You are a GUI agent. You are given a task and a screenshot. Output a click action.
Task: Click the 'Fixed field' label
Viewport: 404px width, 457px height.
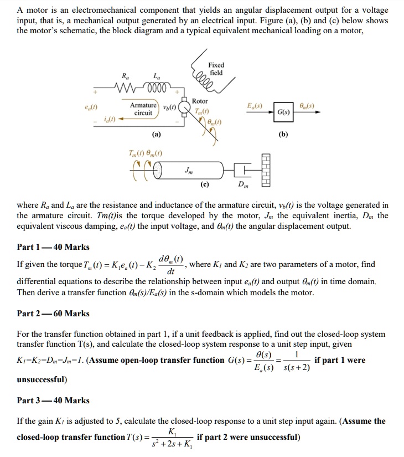216,69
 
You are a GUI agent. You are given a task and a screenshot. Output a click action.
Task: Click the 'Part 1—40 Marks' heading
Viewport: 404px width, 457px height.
53,247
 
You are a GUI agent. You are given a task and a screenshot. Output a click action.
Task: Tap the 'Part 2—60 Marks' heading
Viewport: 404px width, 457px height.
53,314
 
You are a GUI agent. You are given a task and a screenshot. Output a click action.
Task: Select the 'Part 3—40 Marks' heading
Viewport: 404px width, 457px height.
53,400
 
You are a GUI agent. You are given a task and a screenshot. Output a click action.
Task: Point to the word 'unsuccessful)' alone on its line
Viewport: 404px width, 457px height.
42,379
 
